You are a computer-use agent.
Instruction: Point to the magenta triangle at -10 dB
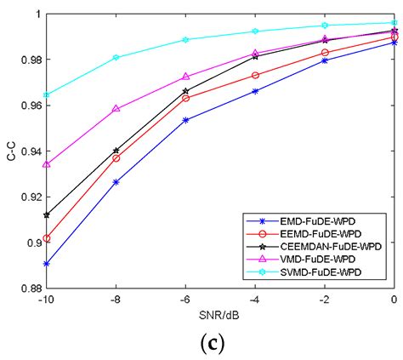[46, 164]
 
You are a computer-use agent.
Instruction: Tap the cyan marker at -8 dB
[116, 58]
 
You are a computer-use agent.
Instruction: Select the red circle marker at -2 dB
[325, 53]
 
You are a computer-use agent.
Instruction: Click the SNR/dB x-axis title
[220, 314]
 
